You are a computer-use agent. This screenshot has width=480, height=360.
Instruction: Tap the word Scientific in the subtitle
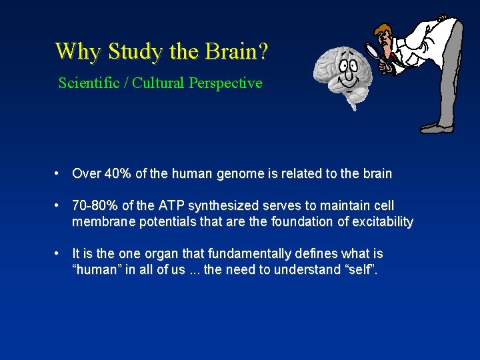point(88,83)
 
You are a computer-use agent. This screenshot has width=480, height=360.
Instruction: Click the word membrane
point(103,221)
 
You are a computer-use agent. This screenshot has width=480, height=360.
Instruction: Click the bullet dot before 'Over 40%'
point(59,174)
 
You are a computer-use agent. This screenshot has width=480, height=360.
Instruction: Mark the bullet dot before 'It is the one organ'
point(59,254)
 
